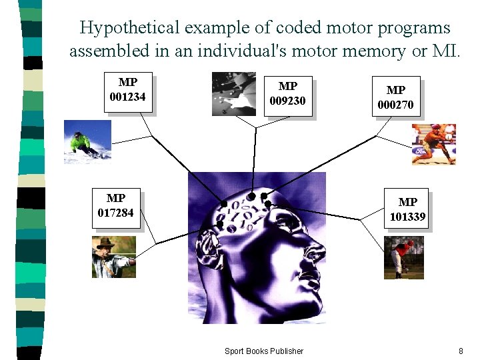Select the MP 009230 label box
tap(287, 94)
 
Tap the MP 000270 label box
tap(395, 97)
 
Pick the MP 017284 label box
tap(116, 207)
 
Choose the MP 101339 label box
tap(407, 209)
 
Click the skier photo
tap(87, 141)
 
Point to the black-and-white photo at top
tap(233, 94)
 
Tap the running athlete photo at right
tap(433, 144)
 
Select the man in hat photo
tap(113, 257)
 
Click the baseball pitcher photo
tap(403, 258)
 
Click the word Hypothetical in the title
tap(129, 28)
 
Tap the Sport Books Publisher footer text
tap(263, 351)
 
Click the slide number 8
tap(461, 351)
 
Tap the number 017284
tap(116, 213)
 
